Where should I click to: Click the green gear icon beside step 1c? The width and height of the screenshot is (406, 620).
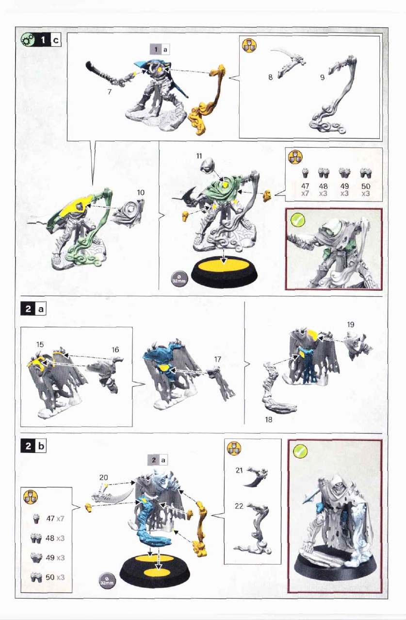tap(28, 40)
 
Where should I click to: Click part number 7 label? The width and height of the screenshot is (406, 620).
tap(110, 92)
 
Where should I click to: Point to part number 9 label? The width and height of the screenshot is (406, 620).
tap(322, 78)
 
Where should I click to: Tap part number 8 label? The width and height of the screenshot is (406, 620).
tap(271, 77)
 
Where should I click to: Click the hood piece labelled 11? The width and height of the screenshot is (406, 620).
tap(208, 165)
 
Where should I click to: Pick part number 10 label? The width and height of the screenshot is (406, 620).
tap(141, 192)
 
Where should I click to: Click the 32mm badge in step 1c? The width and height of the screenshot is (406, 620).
tap(179, 279)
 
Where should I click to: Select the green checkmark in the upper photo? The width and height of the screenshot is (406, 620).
tap(298, 220)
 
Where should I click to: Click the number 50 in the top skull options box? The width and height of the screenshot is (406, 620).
tap(366, 186)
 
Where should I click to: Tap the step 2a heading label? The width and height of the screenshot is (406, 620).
tap(33, 309)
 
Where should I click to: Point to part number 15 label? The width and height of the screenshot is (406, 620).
tap(40, 344)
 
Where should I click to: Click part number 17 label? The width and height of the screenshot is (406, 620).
tap(218, 359)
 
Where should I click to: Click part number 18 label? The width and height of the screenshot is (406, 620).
tap(269, 419)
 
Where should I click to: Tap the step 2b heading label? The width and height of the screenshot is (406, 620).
tap(33, 446)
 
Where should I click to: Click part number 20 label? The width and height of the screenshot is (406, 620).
tap(104, 477)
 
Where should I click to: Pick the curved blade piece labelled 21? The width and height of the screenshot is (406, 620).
tap(255, 477)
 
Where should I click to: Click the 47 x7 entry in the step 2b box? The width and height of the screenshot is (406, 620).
tap(55, 519)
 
